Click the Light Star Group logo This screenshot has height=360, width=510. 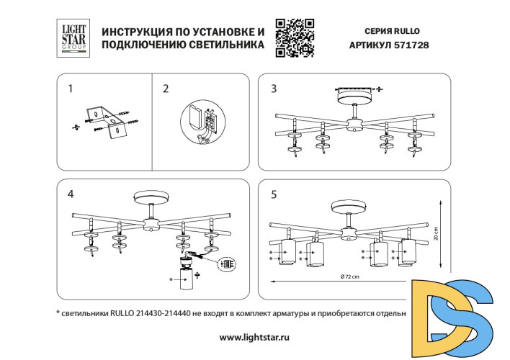(x=72, y=37)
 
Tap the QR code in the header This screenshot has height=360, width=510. (x=296, y=37)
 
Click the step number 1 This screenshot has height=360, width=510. (x=70, y=89)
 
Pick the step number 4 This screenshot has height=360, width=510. (x=70, y=194)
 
